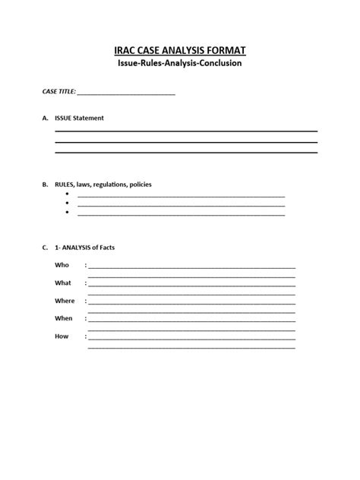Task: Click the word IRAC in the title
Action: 127,50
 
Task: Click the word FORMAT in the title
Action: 222,50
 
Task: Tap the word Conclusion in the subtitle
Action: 216,64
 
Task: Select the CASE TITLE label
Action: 58,92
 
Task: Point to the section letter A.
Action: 45,118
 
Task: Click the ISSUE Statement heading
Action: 79,118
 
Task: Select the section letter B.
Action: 45,185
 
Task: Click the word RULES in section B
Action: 65,185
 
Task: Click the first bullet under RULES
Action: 68,195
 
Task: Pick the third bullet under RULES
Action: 68,213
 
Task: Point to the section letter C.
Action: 45,248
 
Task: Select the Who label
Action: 62,265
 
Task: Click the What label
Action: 63,283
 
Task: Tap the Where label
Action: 65,301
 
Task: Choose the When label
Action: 64,318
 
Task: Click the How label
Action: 62,336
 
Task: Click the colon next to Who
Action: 87,265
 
